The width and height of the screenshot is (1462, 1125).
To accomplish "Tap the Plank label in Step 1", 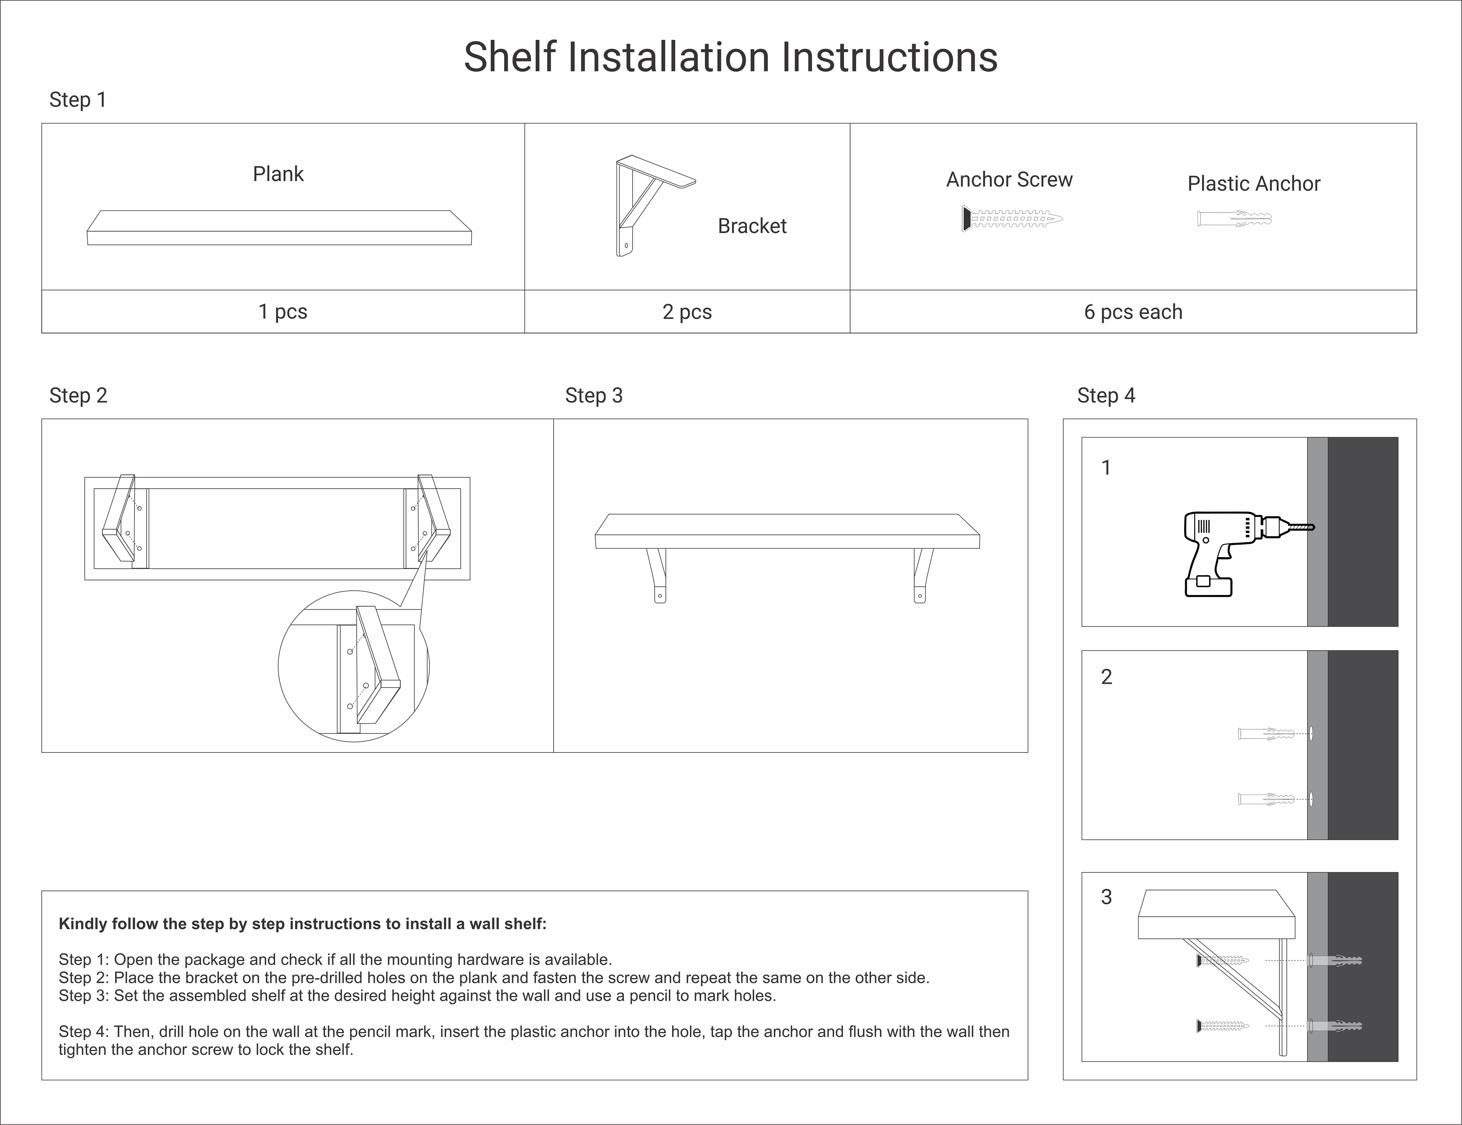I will pyautogui.click(x=278, y=174).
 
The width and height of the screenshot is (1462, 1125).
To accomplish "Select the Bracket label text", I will pyautogui.click(x=752, y=226).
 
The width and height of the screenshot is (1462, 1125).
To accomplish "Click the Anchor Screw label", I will pyautogui.click(x=1009, y=179).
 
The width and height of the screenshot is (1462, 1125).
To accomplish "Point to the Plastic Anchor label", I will pyautogui.click(x=1253, y=184).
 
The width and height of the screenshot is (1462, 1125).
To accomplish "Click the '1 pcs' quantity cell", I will pyautogui.click(x=283, y=312).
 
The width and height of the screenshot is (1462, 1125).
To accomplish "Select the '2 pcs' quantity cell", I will pyautogui.click(x=687, y=312).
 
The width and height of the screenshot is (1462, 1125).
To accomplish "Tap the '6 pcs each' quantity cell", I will pyautogui.click(x=1133, y=312).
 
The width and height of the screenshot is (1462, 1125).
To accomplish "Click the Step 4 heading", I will pyautogui.click(x=1106, y=396).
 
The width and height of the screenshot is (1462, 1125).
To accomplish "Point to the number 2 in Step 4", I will pyautogui.click(x=1106, y=677).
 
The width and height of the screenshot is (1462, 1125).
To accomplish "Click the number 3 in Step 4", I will pyautogui.click(x=1106, y=896).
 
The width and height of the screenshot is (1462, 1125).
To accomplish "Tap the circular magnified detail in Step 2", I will pyautogui.click(x=353, y=666).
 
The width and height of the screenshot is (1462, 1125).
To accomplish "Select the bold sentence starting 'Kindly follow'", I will pyautogui.click(x=303, y=924).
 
